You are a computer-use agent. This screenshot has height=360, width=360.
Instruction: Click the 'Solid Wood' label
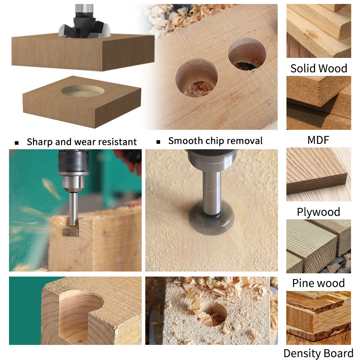pos(319,68)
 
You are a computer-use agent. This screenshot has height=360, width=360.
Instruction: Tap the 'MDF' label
pos(318,140)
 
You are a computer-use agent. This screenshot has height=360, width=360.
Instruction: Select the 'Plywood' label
pos(318,212)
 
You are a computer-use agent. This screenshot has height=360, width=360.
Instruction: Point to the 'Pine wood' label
pos(318,283)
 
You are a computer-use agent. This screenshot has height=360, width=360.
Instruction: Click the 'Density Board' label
pos(318,353)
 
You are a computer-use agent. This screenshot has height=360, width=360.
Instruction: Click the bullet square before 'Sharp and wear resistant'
pos(17,143)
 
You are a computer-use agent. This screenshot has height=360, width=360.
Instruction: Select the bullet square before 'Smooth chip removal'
pos(158,142)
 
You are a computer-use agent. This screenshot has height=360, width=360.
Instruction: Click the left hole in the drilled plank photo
pos(196,78)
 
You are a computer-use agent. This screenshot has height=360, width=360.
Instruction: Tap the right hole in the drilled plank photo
pos(247,54)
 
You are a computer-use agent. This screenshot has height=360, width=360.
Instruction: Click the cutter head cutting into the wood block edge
pos(70,229)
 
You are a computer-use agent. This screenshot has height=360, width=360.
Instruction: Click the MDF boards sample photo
pos(318,102)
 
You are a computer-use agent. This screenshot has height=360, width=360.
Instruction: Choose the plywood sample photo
pos(318,174)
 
